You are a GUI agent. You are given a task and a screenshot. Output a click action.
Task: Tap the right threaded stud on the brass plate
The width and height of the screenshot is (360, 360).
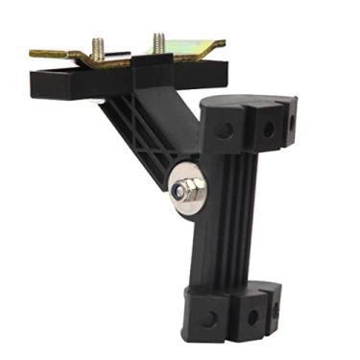[156, 43]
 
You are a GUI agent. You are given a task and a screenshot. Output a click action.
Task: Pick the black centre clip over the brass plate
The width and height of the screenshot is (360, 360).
[144, 62]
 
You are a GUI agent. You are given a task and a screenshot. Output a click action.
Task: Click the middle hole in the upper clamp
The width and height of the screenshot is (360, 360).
[268, 127]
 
